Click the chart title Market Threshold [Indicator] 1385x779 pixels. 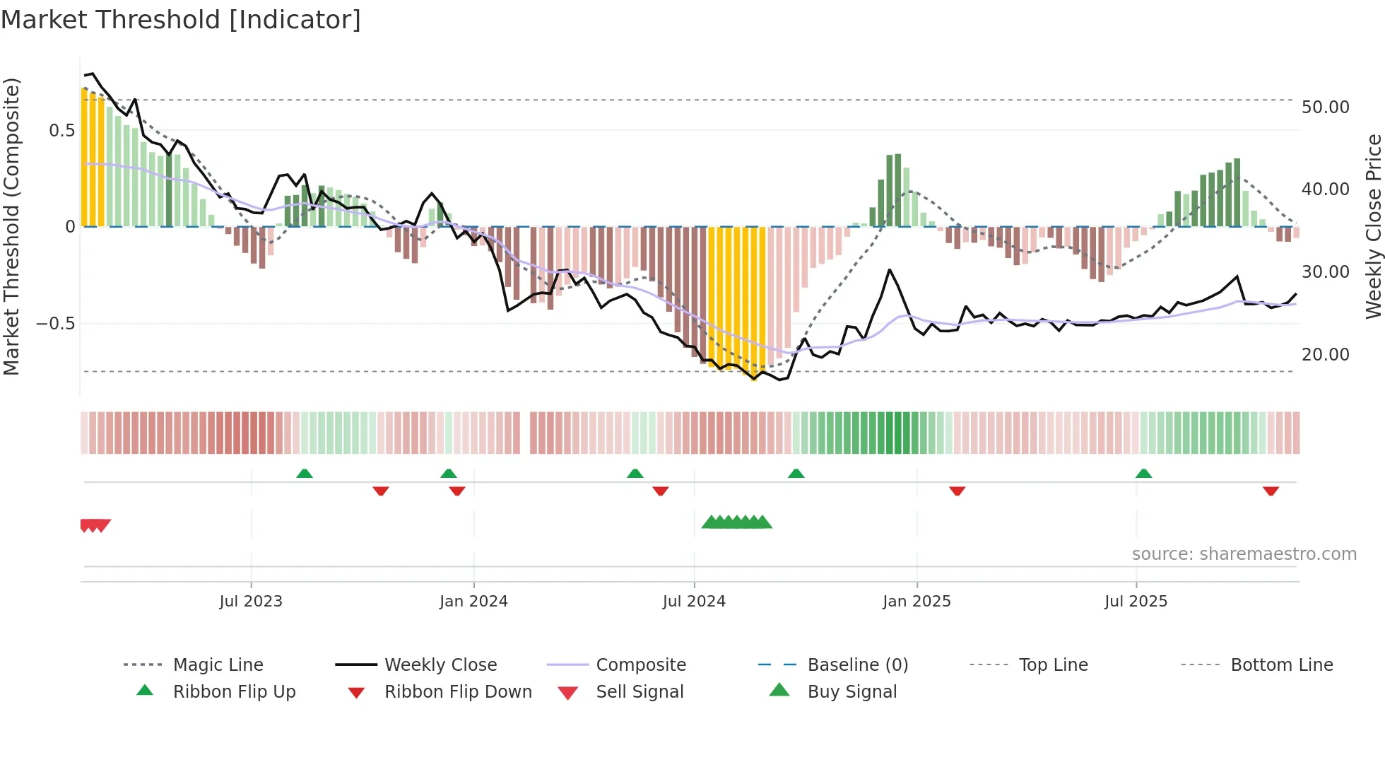click(181, 20)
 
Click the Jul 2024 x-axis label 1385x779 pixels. click(694, 602)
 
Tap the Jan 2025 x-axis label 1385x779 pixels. click(917, 602)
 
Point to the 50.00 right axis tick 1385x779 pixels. click(1325, 107)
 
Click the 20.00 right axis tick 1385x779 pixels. click(1325, 355)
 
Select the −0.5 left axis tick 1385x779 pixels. click(55, 324)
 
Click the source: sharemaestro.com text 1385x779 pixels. click(1244, 554)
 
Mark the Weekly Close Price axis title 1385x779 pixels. click(1373, 226)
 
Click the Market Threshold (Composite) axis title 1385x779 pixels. click(11, 226)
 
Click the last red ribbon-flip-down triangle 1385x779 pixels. click(1271, 491)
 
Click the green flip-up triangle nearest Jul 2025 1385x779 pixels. click(1143, 474)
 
